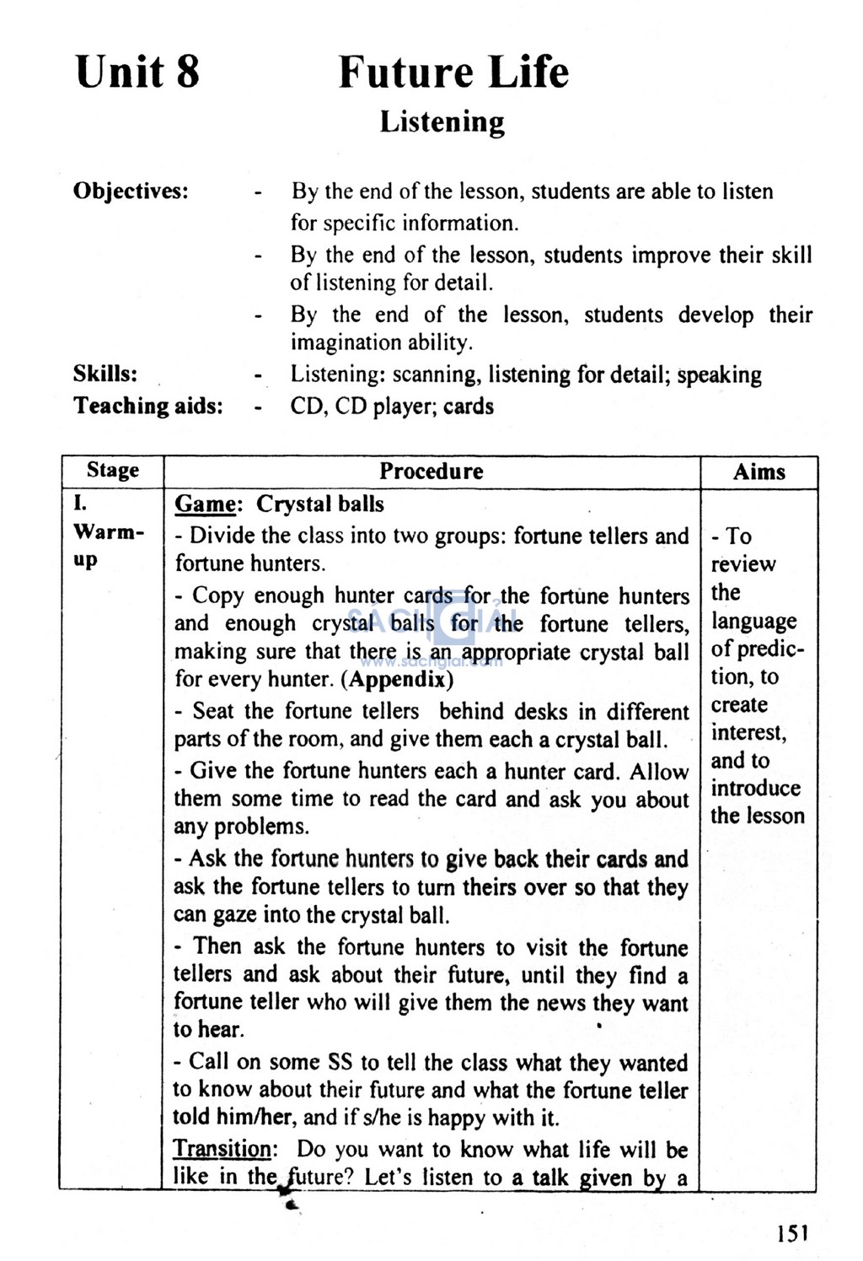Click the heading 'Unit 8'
[x=137, y=71]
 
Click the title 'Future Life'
[x=453, y=71]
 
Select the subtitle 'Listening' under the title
[x=442, y=121]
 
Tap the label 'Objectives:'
[x=131, y=191]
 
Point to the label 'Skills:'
[x=105, y=374]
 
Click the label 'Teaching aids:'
[x=147, y=406]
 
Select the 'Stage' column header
[x=112, y=471]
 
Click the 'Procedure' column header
[x=431, y=471]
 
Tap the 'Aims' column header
[x=758, y=472]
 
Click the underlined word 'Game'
[x=205, y=504]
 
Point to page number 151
[x=792, y=1233]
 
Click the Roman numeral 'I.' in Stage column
[x=80, y=504]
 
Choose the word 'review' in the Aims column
[x=743, y=564]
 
